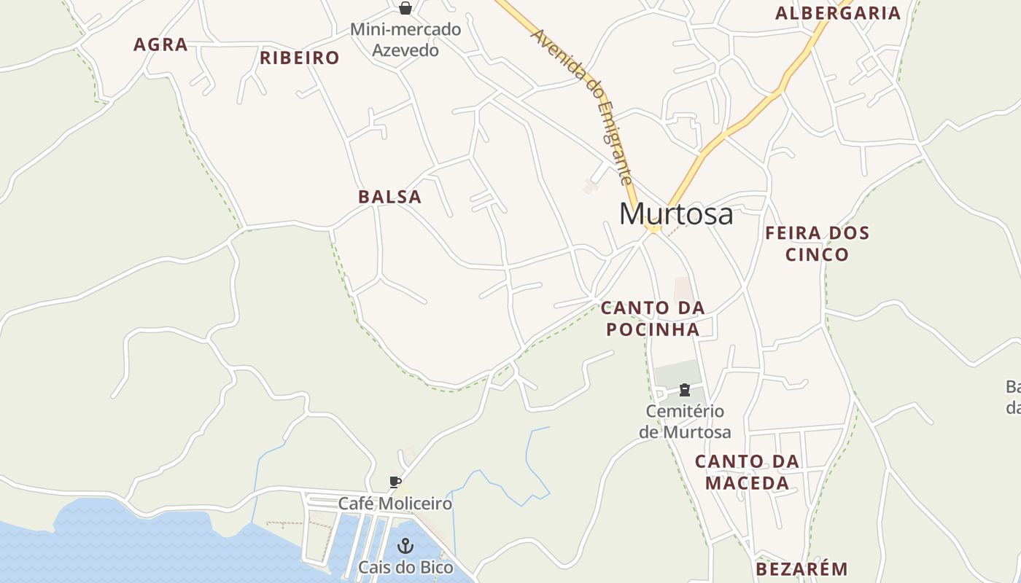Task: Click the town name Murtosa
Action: (676, 214)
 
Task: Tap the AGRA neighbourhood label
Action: (160, 44)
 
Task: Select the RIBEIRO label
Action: (300, 58)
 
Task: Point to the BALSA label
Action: (390, 197)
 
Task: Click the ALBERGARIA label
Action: (838, 13)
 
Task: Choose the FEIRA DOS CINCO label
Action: (818, 243)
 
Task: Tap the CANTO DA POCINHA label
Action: (653, 318)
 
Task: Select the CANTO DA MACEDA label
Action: (748, 472)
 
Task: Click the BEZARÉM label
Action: (802, 569)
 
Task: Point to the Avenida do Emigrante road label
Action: (581, 105)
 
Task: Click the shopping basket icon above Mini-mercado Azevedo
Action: (405, 8)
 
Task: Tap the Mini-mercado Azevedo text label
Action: (405, 40)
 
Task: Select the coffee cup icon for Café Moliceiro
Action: (395, 482)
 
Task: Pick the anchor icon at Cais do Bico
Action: (405, 546)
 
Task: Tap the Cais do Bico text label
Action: (405, 567)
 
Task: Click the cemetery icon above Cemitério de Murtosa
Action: (685, 390)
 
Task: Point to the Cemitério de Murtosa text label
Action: (685, 421)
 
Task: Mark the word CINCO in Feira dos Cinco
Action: (818, 254)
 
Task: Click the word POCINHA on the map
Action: (653, 329)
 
